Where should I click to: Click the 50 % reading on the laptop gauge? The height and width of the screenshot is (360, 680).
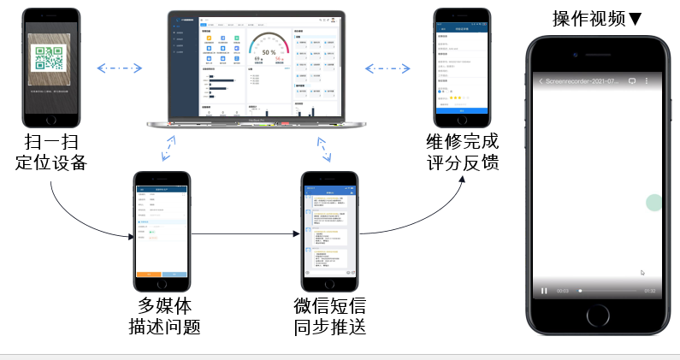(269, 52)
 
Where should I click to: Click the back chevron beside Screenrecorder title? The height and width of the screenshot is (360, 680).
(541, 81)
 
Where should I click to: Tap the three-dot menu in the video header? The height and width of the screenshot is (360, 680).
(647, 81)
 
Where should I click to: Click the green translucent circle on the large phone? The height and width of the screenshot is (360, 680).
(653, 203)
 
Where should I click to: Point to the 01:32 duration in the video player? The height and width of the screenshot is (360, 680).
(649, 291)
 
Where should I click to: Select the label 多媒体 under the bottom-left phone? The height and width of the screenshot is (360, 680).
(163, 306)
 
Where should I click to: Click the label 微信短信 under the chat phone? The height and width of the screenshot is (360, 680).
(330, 306)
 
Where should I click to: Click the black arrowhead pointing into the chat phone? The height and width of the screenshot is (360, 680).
(297, 232)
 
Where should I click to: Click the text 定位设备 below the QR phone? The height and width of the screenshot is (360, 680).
(50, 162)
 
